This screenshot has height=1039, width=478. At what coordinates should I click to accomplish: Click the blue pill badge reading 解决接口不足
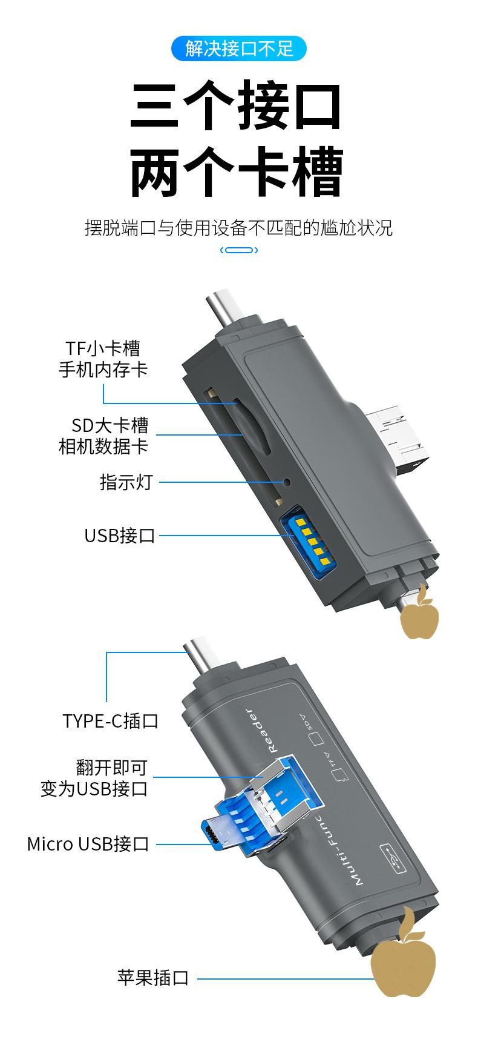pos(239,48)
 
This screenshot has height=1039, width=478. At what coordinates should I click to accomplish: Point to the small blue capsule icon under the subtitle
pos(239,250)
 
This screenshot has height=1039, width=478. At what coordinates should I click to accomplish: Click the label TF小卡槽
pos(103,348)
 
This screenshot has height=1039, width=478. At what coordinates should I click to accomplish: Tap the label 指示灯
pos(126,482)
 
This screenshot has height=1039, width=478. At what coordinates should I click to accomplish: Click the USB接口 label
pos(120,536)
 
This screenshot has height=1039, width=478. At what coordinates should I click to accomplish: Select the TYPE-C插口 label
pos(110,721)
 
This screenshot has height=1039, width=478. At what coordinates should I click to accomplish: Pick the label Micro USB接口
pos(88,844)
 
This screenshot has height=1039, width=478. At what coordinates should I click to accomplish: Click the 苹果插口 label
pos(154,978)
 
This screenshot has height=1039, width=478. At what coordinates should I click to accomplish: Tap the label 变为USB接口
pos(94,789)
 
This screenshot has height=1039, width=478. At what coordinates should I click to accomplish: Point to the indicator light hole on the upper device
pos(287,482)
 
